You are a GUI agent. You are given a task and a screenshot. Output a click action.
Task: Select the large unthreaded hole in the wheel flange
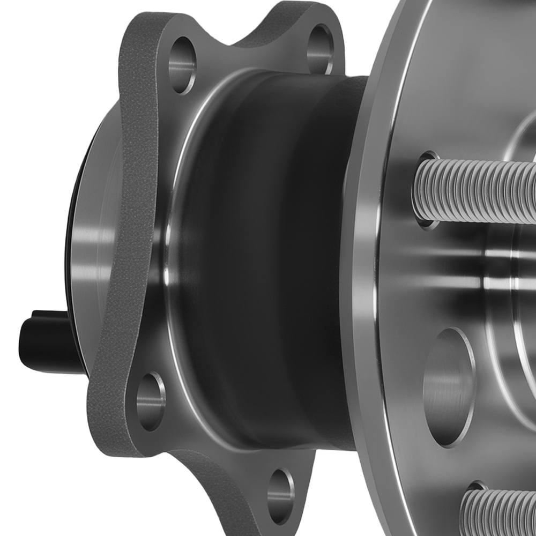click(448, 386)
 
